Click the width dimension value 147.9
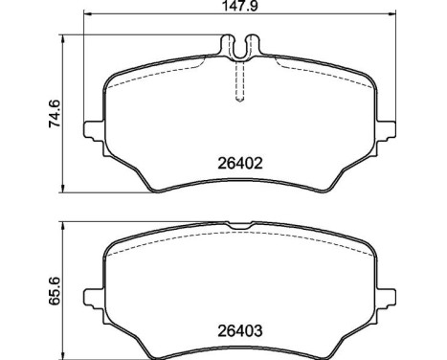click(236, 7)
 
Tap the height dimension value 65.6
click(56, 289)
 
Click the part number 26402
click(235, 163)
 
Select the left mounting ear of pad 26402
click(94, 131)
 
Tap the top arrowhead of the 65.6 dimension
click(65, 226)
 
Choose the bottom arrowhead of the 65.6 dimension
click(65, 355)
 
